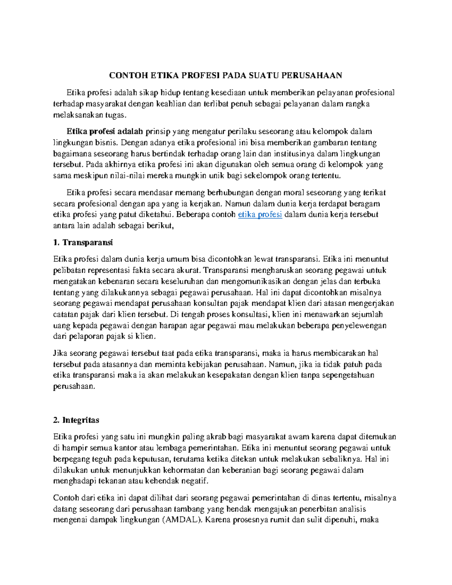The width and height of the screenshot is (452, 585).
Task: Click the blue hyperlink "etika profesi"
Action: click(x=260, y=215)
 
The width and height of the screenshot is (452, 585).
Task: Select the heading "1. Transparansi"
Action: click(x=83, y=242)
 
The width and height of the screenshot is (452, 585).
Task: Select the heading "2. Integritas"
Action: click(x=76, y=420)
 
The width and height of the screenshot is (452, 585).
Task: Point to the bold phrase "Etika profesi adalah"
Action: click(x=105, y=131)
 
